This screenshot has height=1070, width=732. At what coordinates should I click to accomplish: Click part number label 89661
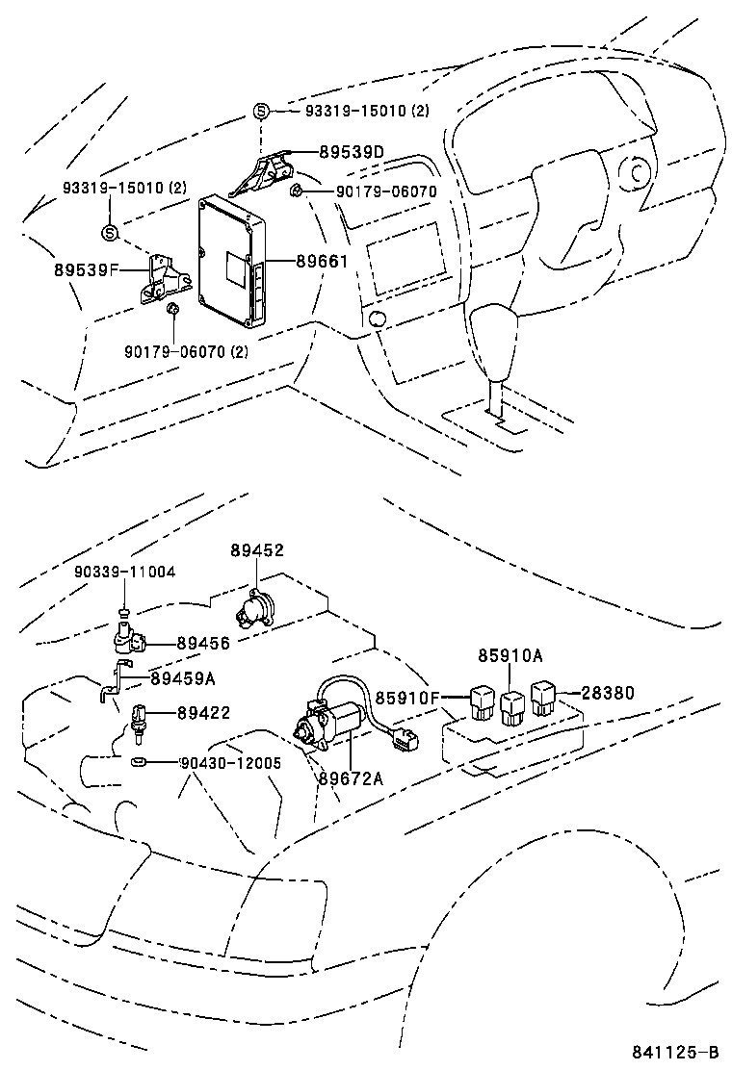pos(322,262)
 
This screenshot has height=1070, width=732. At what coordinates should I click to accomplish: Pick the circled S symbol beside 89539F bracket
pos(109,233)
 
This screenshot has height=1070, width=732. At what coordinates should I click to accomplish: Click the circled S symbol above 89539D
pos(262,111)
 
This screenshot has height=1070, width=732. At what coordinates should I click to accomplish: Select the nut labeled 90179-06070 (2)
pos(172,311)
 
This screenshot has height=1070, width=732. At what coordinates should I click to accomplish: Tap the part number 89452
pos(257,550)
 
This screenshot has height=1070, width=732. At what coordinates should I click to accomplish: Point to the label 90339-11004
pos(125,572)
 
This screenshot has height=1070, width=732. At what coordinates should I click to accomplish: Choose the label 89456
pos(203,643)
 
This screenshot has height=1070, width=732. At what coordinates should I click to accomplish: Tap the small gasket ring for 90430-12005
pos(138,761)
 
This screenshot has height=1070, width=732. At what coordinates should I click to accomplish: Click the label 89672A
pos(351,777)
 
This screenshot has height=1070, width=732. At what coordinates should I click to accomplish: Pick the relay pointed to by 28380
pos(543,698)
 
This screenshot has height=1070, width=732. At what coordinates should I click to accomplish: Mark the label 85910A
pos(510,656)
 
